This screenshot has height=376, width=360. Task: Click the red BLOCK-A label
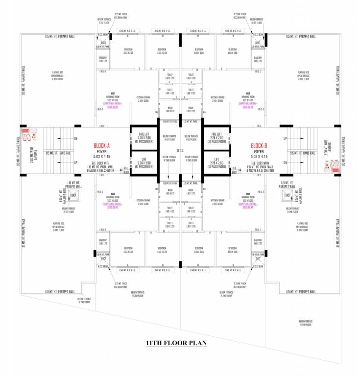click(x=104, y=146)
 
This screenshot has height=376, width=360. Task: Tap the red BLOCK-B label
click(x=258, y=146)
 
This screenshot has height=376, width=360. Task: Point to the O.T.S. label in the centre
click(x=180, y=150)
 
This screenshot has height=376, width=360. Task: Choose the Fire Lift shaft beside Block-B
click(x=216, y=137)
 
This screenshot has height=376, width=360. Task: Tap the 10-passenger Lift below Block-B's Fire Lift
click(x=216, y=162)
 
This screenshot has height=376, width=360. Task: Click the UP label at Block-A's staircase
click(x=75, y=163)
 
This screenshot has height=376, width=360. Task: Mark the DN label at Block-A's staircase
click(x=75, y=139)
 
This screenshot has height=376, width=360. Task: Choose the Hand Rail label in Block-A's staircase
click(x=58, y=153)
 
